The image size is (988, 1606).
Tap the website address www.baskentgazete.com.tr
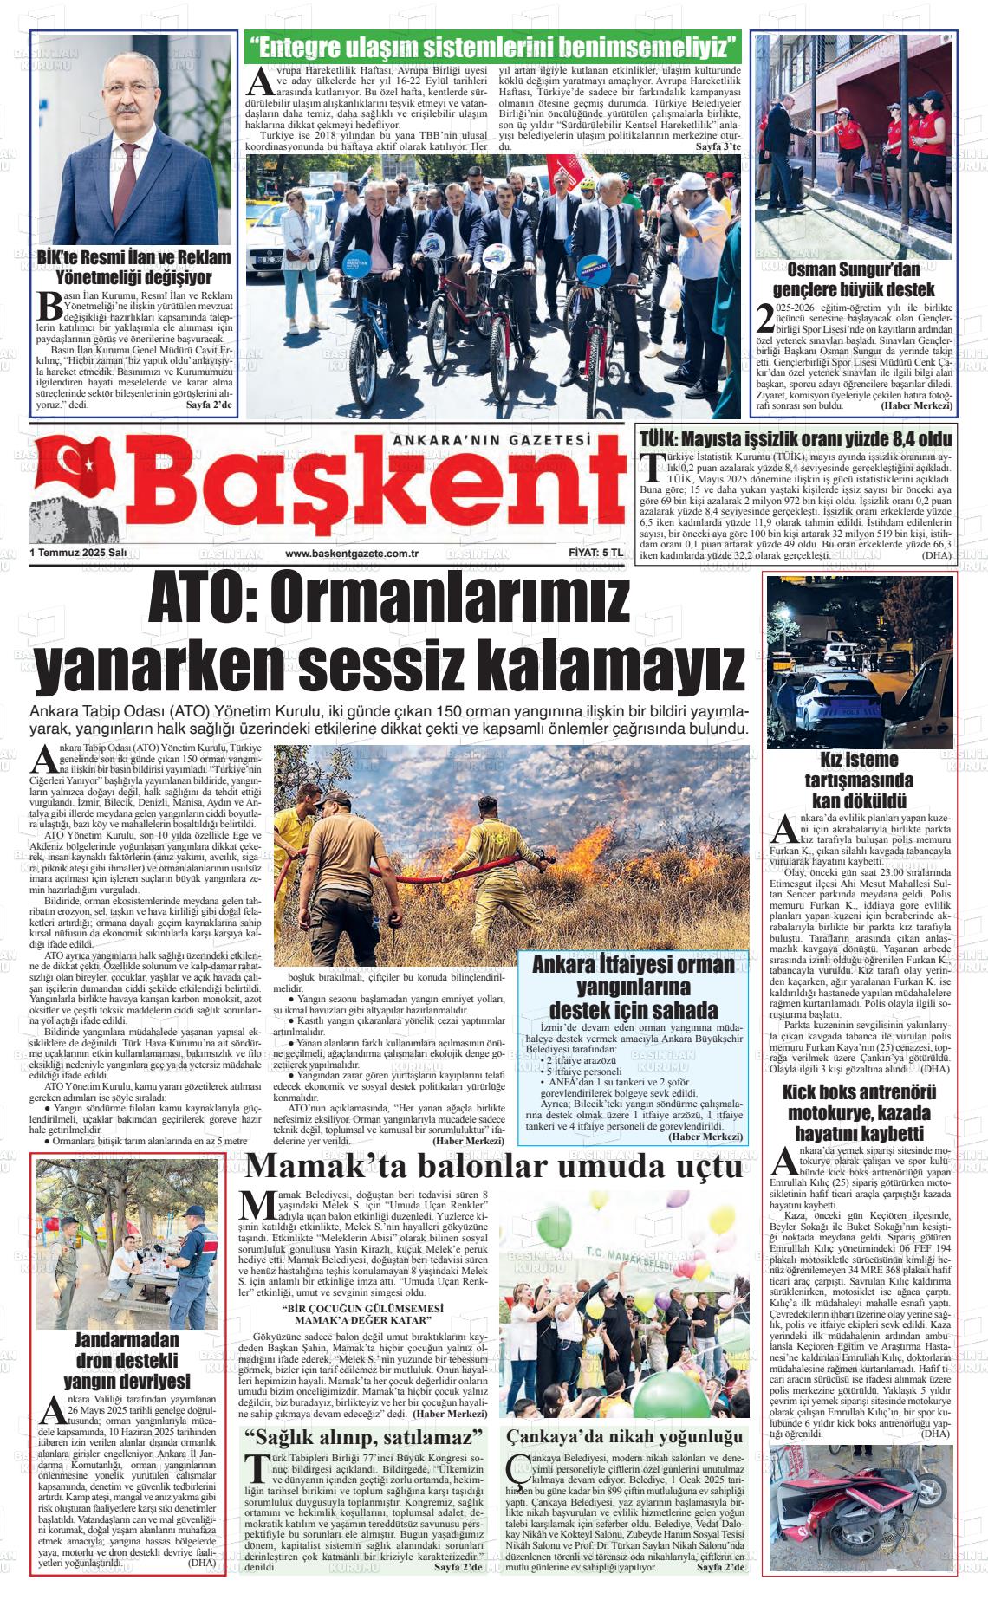pos(353,553)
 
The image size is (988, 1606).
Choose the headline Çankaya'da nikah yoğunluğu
pos(625,1436)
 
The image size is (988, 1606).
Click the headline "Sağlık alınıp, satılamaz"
pos(363,1437)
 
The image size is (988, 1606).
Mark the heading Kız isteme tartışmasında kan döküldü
pos(859,779)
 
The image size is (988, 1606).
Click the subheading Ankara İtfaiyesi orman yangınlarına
pos(633,987)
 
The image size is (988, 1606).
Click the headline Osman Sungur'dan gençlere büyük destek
pos(854,278)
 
